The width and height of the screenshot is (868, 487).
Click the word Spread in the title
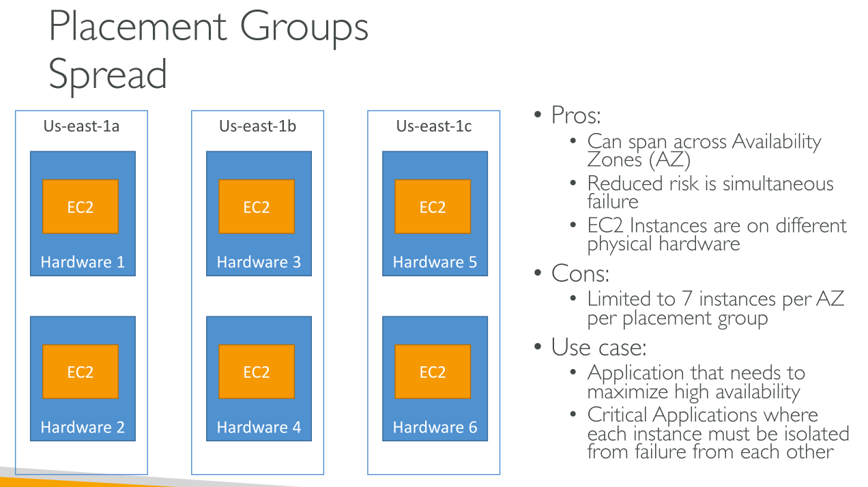pos(108,74)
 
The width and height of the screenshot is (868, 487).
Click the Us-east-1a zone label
pos(81,126)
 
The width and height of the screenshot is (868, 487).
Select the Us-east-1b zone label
pos(257,126)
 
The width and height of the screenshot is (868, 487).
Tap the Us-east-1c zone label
pos(433,126)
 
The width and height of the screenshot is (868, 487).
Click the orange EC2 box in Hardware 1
pos(81,207)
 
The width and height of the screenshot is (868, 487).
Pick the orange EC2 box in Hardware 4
pos(257,372)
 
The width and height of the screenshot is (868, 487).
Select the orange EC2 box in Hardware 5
pos(433,207)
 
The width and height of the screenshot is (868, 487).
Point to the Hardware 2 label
pos(83,428)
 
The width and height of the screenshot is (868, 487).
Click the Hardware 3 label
pos(259,263)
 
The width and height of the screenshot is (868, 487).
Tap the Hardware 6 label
pos(435,428)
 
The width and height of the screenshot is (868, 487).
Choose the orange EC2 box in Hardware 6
pos(433,372)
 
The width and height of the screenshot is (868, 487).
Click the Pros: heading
pos(576,115)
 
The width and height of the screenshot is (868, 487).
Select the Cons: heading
pos(580,274)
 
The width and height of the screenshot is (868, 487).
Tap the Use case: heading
pos(598,347)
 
